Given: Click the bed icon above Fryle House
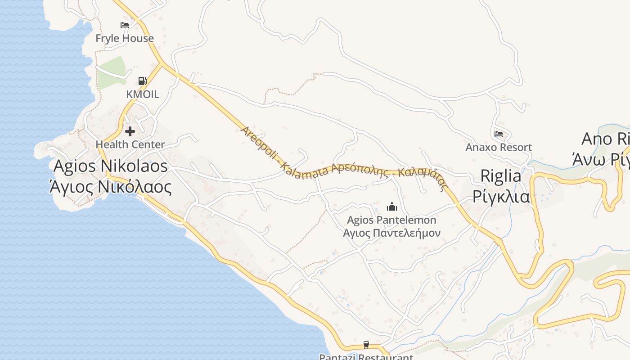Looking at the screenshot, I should point(125,25).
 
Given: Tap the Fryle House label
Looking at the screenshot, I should point(125,38).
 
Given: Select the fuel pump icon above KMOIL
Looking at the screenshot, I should point(142,81).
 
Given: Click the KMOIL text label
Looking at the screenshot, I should point(143,94).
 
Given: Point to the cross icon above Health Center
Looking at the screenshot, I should point(130,131).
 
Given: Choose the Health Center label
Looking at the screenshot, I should point(130,144).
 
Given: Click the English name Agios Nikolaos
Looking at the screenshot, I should point(111,166).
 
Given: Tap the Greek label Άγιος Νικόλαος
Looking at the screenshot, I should point(111,186).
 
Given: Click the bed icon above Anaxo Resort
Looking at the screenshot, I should point(498,134).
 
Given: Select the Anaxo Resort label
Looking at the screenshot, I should point(499,147).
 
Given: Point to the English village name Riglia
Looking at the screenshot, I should point(501,175).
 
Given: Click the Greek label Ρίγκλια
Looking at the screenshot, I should point(501,196).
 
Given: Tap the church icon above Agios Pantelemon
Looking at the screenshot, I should point(392,207).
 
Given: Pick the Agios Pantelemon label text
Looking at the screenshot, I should point(392,220).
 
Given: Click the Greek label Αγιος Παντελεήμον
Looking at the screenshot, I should point(392,233).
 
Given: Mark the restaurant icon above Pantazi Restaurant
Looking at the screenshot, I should point(366,345).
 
